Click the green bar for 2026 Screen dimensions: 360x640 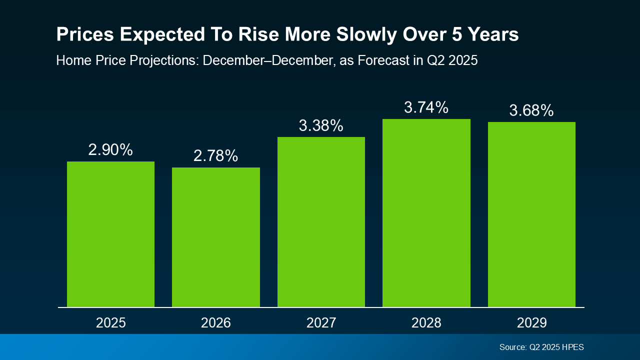216,237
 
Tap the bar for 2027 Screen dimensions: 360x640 321,222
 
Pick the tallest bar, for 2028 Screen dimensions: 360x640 426,213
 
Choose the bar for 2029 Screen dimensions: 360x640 531,214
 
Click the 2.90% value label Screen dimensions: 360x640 110,149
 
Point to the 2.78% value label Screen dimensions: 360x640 216,155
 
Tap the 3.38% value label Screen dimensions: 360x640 321,125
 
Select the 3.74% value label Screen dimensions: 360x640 426,107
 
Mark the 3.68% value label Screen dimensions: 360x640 531,110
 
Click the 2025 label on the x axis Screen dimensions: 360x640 110,322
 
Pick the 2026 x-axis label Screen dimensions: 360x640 216,322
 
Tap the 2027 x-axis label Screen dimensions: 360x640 321,322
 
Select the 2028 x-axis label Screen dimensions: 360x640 426,322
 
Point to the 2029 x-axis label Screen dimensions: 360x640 531,322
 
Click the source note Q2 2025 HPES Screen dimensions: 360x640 541,347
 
